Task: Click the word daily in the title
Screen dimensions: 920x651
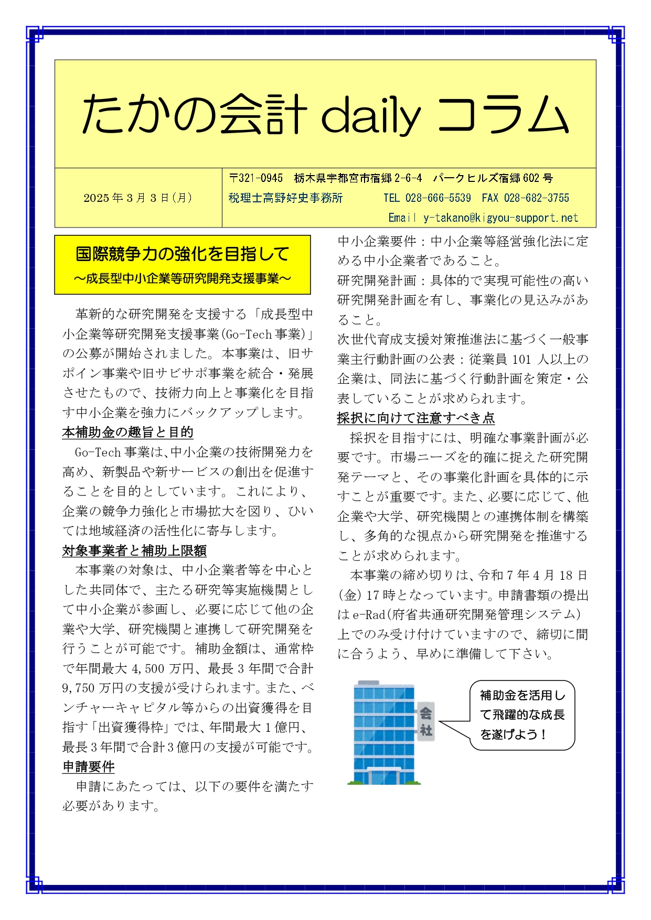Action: [370, 114]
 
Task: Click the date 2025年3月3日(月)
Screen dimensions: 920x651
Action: [138, 198]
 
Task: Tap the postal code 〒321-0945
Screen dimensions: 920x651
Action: [256, 178]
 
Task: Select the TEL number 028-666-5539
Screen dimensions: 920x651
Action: [438, 198]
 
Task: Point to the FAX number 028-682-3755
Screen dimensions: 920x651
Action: [536, 198]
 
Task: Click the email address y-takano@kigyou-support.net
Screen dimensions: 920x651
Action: [500, 218]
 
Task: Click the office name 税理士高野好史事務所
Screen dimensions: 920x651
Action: [286, 198]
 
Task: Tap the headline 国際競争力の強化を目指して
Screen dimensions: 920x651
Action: [182, 254]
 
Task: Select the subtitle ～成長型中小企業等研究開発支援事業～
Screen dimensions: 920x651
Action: [182, 279]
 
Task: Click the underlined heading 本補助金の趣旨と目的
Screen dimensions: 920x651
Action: [127, 432]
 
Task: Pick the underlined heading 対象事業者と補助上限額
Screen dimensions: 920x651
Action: [134, 550]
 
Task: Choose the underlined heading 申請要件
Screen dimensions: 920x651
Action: [88, 767]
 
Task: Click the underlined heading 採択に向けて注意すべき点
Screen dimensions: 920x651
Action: [415, 418]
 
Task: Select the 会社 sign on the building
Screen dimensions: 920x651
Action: [425, 721]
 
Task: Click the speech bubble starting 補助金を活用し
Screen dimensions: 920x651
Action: [522, 715]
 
